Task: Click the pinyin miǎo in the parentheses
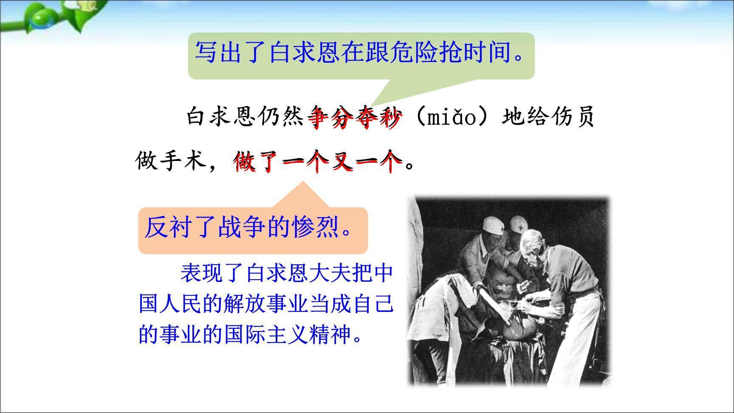click(452, 117)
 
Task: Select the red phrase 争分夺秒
click(355, 117)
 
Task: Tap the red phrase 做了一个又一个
click(318, 161)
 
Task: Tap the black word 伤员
click(569, 117)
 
